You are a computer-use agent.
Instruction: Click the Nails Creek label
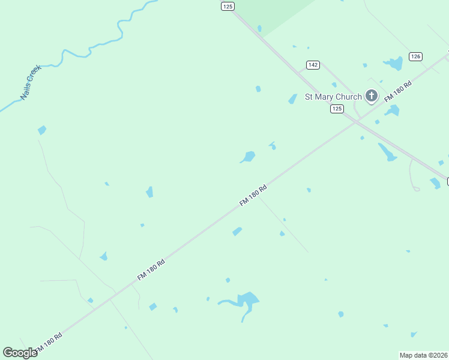pyautogui.click(x=29, y=82)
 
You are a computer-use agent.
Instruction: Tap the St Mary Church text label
pyautogui.click(x=333, y=97)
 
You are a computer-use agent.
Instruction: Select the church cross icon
pyautogui.click(x=372, y=95)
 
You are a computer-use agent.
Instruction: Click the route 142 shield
pyautogui.click(x=312, y=65)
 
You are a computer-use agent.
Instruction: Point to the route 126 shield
pyautogui.click(x=415, y=56)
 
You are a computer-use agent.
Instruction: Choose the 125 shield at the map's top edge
pyautogui.click(x=227, y=6)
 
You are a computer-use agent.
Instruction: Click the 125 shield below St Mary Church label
pyautogui.click(x=337, y=109)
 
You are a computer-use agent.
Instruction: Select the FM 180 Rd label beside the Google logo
pyautogui.click(x=49, y=343)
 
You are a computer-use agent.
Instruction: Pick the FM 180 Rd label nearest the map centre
pyautogui.click(x=253, y=196)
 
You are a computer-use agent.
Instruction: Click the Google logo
pyautogui.click(x=20, y=353)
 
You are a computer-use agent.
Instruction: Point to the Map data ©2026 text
pyautogui.click(x=424, y=355)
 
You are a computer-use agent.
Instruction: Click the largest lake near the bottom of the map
pyautogui.click(x=247, y=299)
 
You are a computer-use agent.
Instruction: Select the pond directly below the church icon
pyautogui.click(x=392, y=110)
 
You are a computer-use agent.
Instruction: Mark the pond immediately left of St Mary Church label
pyautogui.click(x=293, y=98)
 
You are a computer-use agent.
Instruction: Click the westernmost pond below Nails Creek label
pyautogui.click(x=41, y=130)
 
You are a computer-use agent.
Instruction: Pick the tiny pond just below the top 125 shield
pyautogui.click(x=259, y=28)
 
